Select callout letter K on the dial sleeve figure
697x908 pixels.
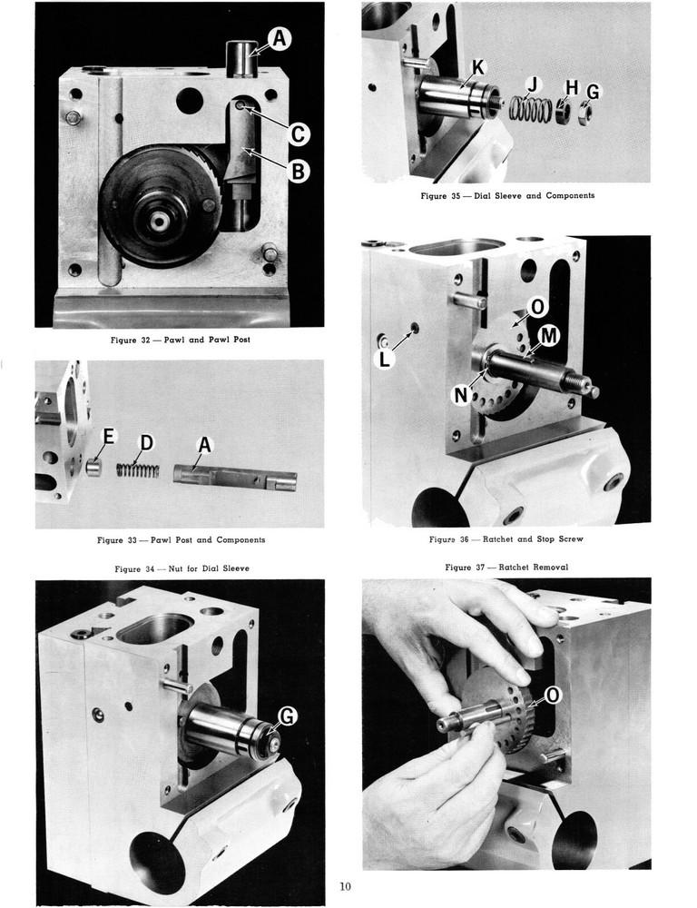[478, 66]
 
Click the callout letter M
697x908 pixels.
[547, 337]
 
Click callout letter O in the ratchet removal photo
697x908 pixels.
[553, 696]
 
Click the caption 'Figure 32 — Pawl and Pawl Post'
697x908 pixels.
[180, 340]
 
